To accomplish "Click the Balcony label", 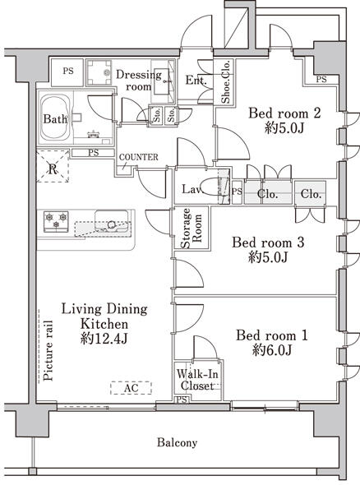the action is tap(177, 443).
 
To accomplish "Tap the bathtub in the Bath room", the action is tap(55, 118).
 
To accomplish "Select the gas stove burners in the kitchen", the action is tap(56, 221).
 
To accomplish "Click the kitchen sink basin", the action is tap(111, 221).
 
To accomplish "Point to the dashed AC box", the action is tap(132, 388).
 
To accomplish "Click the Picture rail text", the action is tap(48, 350).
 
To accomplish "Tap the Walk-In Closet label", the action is tap(197, 380).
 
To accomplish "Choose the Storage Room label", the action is tap(192, 229).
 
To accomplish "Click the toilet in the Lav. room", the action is tap(215, 187).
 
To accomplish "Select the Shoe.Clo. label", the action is tap(226, 81).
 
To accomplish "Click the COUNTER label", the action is tap(139, 157).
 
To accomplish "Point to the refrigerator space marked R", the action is tap(53, 166).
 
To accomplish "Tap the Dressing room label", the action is tap(139, 81).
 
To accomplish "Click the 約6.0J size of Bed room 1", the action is tap(272, 350).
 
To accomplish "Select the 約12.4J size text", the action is tap(104, 339).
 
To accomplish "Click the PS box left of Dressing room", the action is tap(67, 72).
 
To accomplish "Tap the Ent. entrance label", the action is tap(196, 81).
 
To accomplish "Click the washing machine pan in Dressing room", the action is tap(99, 72).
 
